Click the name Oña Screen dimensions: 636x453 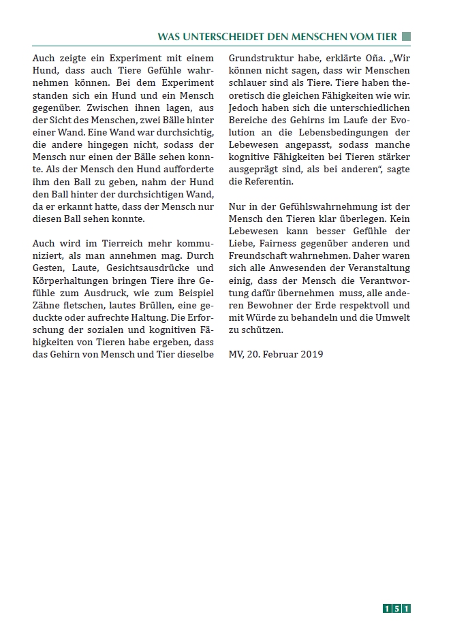pos(360,59)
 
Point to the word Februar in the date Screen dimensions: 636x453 pos(283,354)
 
